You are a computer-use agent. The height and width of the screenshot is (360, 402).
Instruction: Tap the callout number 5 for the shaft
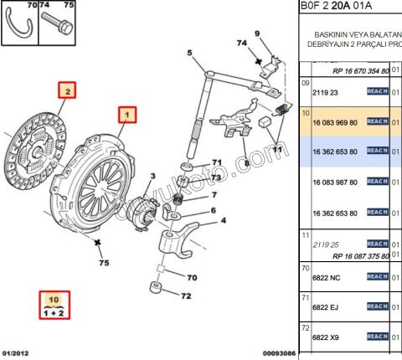[x=189, y=54]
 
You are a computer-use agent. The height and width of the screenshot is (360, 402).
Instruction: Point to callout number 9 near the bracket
[x=258, y=33]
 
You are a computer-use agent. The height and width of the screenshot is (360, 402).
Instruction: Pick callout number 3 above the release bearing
[x=152, y=176]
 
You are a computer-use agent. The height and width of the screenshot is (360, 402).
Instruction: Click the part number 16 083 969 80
[x=334, y=122]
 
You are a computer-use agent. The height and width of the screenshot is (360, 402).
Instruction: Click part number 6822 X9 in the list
[x=326, y=337]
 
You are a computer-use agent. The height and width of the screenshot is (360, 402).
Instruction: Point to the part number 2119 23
[x=325, y=93]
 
